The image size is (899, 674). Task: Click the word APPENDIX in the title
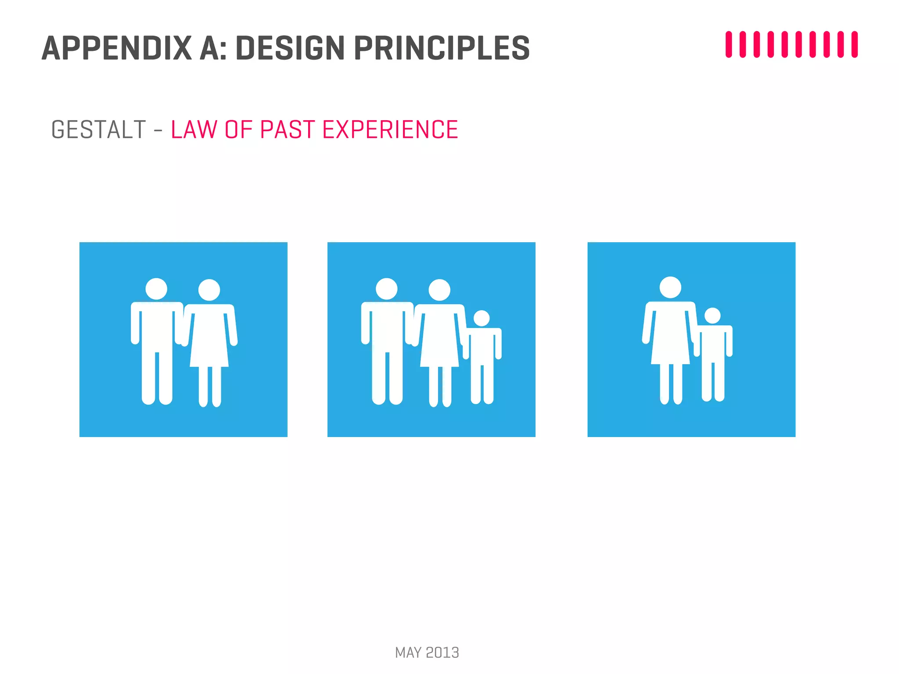click(117, 48)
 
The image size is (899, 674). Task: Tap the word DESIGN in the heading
click(290, 48)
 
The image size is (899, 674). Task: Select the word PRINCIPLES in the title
click(442, 48)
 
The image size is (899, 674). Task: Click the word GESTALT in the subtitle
click(98, 130)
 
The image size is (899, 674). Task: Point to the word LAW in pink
click(194, 130)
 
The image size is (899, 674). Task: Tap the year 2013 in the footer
click(442, 652)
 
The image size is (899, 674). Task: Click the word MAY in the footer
click(408, 652)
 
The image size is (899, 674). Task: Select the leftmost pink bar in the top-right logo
click(729, 44)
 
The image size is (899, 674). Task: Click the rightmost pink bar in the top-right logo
click(854, 44)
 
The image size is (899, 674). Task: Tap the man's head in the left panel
click(156, 289)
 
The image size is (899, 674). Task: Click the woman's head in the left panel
click(209, 290)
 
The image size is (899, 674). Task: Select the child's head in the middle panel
click(482, 319)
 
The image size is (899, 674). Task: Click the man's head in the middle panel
click(386, 289)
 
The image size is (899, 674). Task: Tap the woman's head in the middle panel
click(439, 290)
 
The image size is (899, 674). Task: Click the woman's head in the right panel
click(670, 287)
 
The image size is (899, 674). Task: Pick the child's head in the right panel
click(712, 316)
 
